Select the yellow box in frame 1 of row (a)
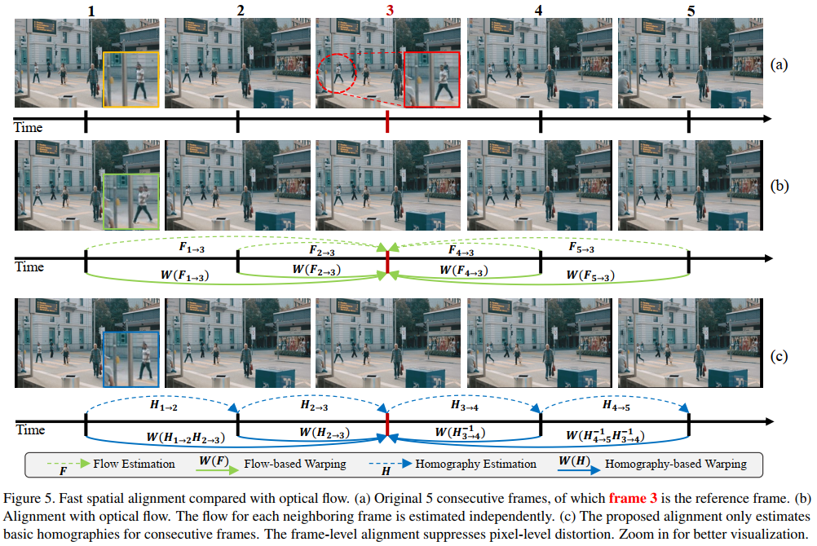130,79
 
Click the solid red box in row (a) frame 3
431,79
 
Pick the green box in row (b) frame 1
130,200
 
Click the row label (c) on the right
779,356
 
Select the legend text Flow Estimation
134,465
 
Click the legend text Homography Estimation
475,465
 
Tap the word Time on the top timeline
28,127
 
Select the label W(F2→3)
313,270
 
